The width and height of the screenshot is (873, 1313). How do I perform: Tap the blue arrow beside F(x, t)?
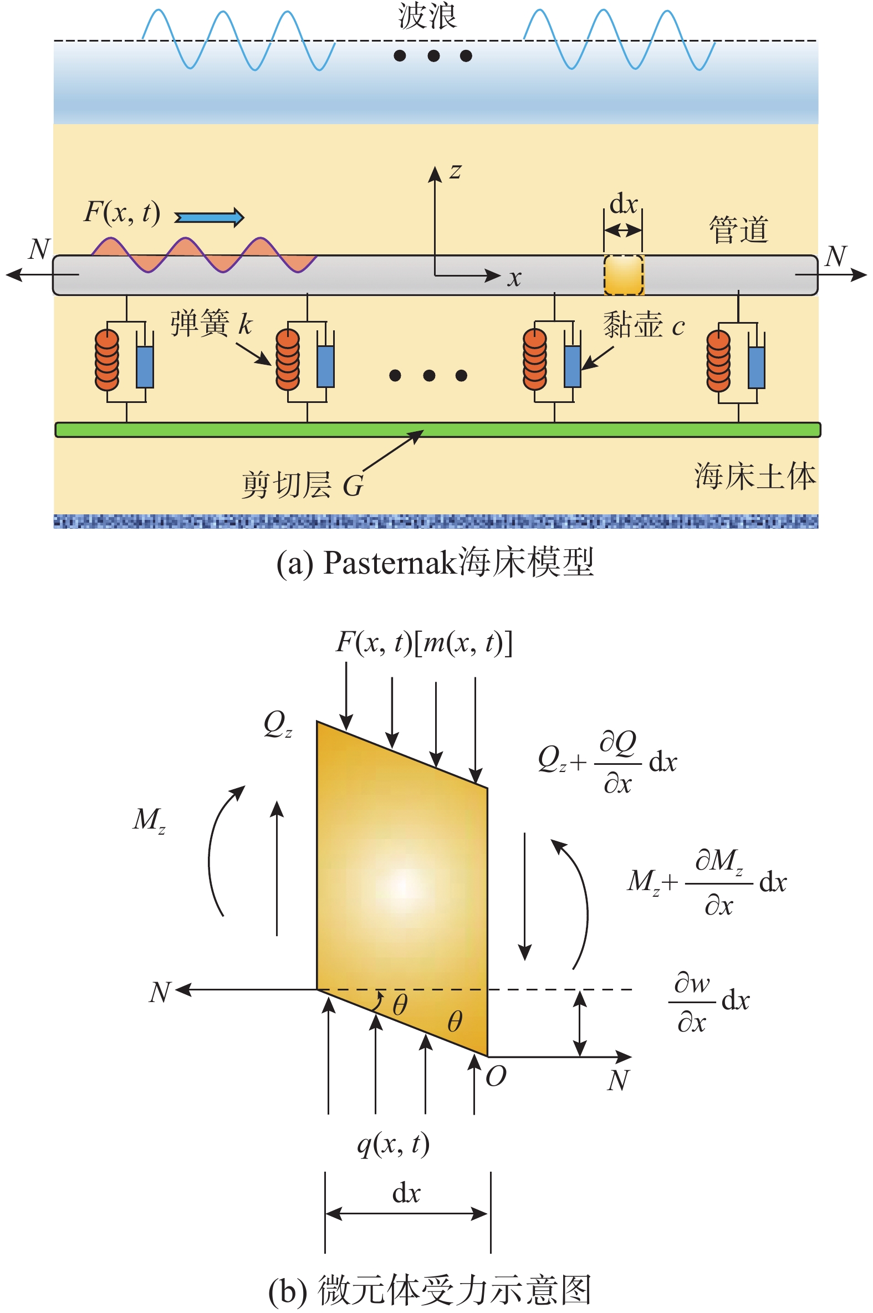(210, 217)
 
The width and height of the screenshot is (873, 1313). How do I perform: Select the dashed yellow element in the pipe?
(624, 275)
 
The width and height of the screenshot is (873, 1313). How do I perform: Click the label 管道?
(738, 230)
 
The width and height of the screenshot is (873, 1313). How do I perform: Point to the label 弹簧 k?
(211, 323)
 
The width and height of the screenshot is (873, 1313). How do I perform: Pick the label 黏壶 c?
(643, 324)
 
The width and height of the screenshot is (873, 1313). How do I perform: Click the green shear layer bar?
(437, 430)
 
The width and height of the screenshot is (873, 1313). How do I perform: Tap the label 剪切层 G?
(302, 486)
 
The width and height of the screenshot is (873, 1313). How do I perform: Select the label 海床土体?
(754, 477)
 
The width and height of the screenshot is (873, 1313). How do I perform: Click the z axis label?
(456, 171)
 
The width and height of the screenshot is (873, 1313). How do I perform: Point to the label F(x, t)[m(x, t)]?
(423, 643)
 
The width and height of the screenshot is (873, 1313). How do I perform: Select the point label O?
(496, 1076)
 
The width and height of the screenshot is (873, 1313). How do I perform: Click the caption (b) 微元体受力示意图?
(429, 1290)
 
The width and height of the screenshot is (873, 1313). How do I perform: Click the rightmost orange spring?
(718, 361)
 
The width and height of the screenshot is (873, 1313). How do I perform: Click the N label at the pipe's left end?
(39, 249)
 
